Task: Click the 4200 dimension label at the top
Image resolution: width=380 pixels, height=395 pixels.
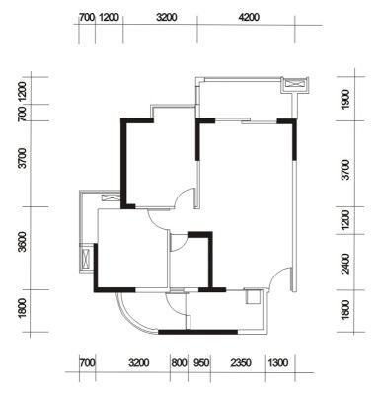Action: pyautogui.click(x=249, y=17)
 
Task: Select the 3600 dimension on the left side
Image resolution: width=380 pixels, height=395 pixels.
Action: pyautogui.click(x=22, y=242)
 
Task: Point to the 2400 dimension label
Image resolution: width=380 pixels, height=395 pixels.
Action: pyautogui.click(x=345, y=264)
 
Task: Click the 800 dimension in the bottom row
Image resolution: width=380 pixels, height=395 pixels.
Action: pyautogui.click(x=179, y=363)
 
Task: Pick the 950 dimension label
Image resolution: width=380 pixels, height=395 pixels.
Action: pyautogui.click(x=201, y=363)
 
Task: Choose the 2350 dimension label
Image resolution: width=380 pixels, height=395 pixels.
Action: pyautogui.click(x=241, y=363)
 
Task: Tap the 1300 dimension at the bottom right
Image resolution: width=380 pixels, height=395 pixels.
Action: pyautogui.click(x=278, y=363)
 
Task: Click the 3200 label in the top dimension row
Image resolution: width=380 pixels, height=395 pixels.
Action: pyautogui.click(x=166, y=17)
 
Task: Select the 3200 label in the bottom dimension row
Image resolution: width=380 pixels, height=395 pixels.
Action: pyautogui.click(x=138, y=363)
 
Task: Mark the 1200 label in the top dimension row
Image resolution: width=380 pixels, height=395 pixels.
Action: pyautogui.click(x=109, y=17)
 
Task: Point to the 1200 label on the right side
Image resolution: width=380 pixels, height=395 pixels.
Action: pyautogui.click(x=345, y=220)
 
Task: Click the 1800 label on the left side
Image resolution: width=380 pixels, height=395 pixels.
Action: pyautogui.click(x=22, y=309)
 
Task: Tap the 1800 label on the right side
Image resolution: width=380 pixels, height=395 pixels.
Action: pyautogui.click(x=345, y=309)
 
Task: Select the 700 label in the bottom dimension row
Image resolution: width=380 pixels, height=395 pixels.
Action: pyautogui.click(x=87, y=363)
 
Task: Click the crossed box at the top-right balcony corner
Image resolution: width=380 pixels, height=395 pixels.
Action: pyautogui.click(x=295, y=84)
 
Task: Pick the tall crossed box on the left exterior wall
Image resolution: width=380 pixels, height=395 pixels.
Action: pyautogui.click(x=87, y=258)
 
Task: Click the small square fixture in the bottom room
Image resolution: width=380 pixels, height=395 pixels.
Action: pyautogui.click(x=253, y=296)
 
